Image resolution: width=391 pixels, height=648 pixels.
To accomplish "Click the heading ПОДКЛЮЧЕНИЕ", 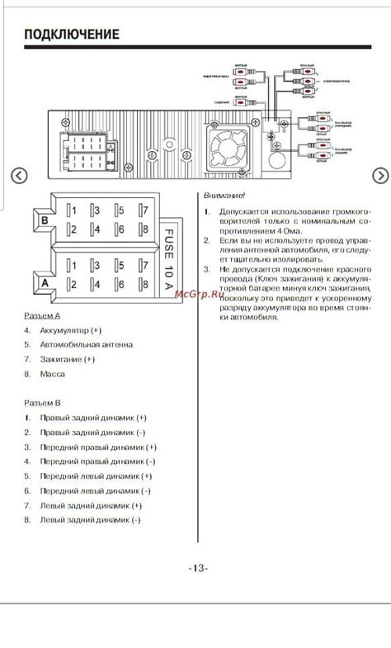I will tap(72, 35).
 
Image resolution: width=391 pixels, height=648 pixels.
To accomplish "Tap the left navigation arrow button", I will tap(19, 176).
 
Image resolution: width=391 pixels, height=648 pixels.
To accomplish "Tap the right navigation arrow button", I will tap(380, 176).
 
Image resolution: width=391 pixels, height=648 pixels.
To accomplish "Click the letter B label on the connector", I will tap(44, 221).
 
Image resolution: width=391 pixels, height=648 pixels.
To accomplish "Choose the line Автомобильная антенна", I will tap(86, 344).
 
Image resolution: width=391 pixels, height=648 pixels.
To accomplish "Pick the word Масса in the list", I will tap(52, 374).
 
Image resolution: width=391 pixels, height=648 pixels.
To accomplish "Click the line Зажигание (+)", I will tap(67, 359).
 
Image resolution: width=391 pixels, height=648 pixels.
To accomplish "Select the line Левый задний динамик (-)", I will tap(90, 520).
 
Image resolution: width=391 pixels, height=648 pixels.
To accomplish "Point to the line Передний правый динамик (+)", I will tap(97, 447).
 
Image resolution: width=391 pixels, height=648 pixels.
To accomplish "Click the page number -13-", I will tap(198, 568).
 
